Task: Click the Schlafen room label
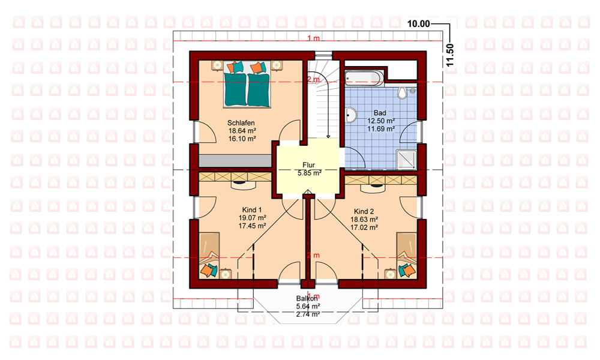(x=241, y=123)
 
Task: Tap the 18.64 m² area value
(x=242, y=131)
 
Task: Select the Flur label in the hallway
(x=308, y=165)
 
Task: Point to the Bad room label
(x=380, y=113)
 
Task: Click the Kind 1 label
(x=252, y=209)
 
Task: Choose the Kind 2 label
(x=364, y=211)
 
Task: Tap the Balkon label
(x=307, y=298)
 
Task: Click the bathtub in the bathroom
(x=364, y=77)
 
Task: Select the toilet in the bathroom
(x=402, y=93)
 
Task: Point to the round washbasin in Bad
(x=351, y=114)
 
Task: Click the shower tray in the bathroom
(x=406, y=160)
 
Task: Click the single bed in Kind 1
(x=209, y=254)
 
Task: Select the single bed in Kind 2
(x=406, y=255)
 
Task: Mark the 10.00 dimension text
(x=418, y=24)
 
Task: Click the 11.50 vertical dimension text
(x=450, y=55)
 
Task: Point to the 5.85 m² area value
(x=309, y=173)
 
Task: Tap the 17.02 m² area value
(x=364, y=227)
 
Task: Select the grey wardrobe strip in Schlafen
(x=235, y=161)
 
